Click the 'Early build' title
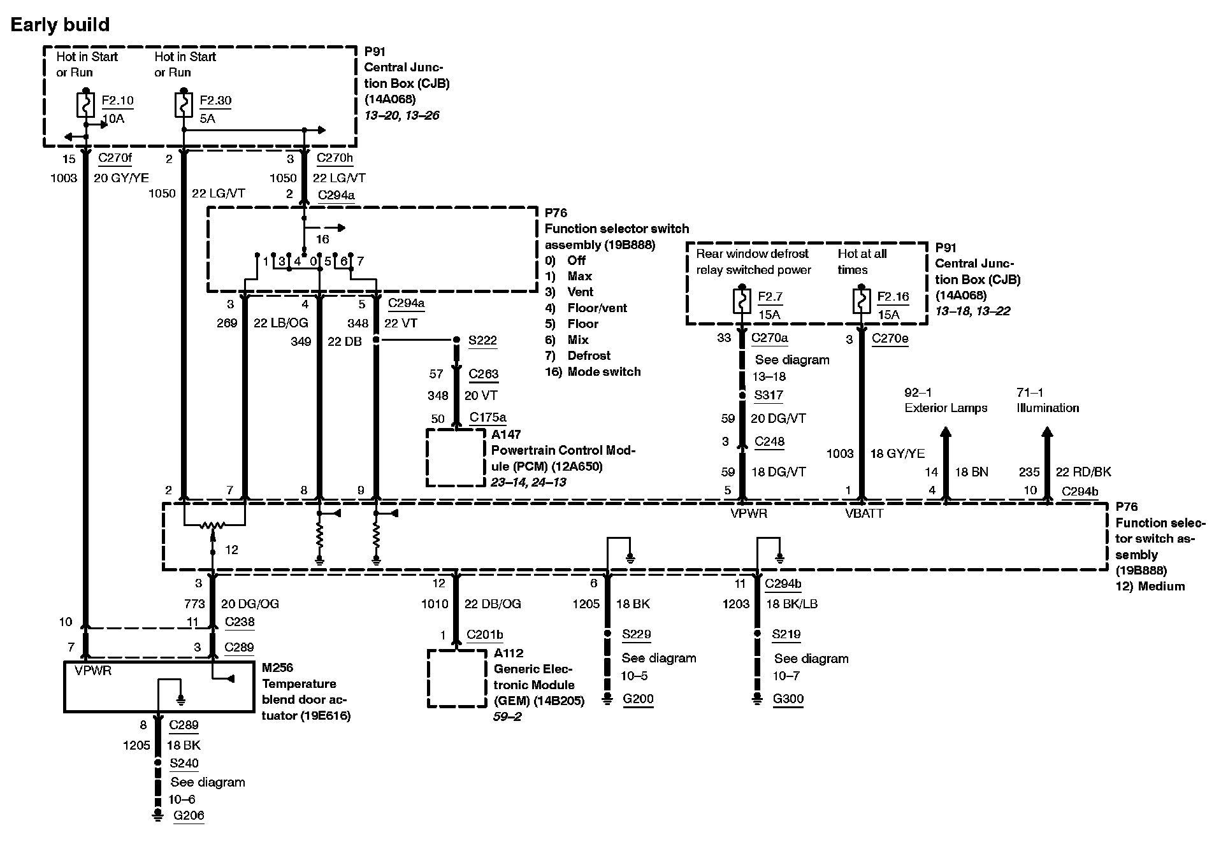(60, 25)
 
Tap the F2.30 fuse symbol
(183, 106)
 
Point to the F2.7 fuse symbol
(741, 302)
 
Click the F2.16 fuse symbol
(861, 302)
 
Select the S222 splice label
(482, 341)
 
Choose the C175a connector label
(488, 418)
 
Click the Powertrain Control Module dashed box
(455, 458)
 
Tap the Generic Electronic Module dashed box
(456, 678)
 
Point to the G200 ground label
(638, 699)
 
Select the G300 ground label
(788, 699)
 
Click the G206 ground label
(189, 815)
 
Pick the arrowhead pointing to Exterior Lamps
(946, 434)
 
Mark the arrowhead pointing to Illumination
(1046, 434)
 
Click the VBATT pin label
(864, 513)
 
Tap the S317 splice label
(768, 395)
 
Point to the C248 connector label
(769, 441)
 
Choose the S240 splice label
(184, 763)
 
